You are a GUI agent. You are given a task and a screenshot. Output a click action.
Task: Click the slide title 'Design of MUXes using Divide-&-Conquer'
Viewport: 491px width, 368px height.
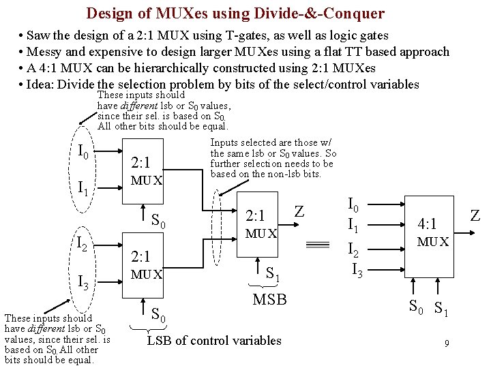[235, 13]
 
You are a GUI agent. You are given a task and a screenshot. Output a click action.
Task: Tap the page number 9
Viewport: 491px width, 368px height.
[447, 343]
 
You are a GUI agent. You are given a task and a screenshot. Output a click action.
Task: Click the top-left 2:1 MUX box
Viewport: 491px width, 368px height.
[147, 170]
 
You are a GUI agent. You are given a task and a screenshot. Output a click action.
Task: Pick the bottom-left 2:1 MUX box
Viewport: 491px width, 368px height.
[147, 264]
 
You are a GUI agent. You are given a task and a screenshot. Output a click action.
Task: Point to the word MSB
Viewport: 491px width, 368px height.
[269, 300]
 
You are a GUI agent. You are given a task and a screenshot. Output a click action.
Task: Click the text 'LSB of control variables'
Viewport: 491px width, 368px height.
[214, 340]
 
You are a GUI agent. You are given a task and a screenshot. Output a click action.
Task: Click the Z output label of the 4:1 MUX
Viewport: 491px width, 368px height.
[475, 217]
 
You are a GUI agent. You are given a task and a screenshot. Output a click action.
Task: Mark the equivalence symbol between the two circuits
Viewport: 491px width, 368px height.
[316, 245]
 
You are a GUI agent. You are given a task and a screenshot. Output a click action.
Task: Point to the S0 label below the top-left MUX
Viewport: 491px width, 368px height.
[158, 221]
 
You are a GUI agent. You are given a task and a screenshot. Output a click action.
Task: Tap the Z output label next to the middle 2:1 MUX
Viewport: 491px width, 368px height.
[299, 212]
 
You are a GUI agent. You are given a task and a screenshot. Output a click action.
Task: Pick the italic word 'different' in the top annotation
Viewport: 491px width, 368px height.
[140, 106]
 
